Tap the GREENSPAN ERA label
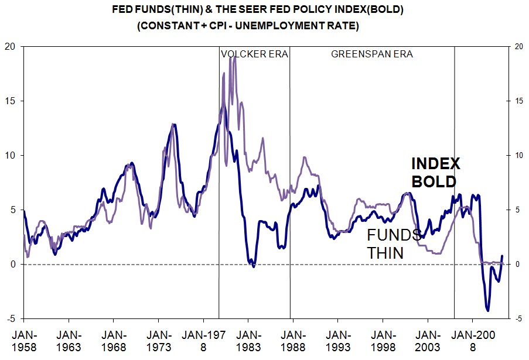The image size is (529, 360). point(372,54)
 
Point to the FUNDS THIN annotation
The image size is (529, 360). point(394,244)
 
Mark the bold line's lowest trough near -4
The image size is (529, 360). point(487,310)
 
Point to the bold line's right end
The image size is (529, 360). point(502,256)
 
